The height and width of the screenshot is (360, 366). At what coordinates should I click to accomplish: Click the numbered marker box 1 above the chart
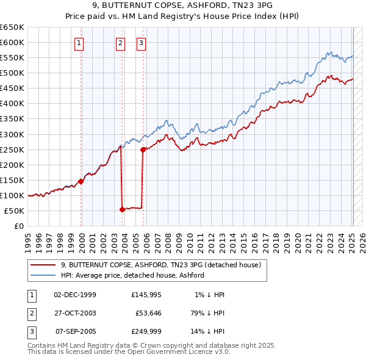pyautogui.click(x=80, y=43)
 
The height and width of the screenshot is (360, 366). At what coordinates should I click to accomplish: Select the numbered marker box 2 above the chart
pyautogui.click(x=120, y=43)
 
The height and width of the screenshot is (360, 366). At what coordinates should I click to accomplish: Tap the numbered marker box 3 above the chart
pyautogui.click(x=141, y=43)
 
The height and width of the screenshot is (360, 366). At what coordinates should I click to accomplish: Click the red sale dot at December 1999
pyautogui.click(x=81, y=181)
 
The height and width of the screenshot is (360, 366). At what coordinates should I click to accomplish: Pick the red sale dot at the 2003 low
pyautogui.click(x=122, y=209)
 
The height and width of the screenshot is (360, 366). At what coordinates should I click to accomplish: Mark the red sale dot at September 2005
pyautogui.click(x=143, y=149)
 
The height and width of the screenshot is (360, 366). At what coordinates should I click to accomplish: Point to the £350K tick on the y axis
pyautogui.click(x=13, y=119)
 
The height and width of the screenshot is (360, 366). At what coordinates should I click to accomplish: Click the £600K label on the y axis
pyautogui.click(x=13, y=42)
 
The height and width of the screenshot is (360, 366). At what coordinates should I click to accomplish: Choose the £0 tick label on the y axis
pyautogui.click(x=18, y=226)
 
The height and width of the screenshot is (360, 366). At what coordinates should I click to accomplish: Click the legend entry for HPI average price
pyautogui.click(x=132, y=275)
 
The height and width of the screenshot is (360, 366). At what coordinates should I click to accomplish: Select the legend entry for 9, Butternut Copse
pyautogui.click(x=160, y=265)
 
